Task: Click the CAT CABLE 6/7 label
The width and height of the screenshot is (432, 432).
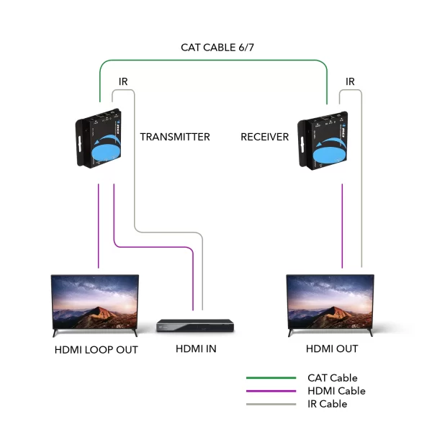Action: pos(217,48)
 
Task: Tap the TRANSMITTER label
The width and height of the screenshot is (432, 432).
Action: pos(175,137)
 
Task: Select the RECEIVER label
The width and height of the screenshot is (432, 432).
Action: pos(265,137)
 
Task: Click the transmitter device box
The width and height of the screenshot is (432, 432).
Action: pos(99,138)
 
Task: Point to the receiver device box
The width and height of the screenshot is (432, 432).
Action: pos(323,140)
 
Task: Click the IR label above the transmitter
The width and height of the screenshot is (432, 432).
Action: pos(123,81)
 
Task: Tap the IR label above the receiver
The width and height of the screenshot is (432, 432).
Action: pos(350,81)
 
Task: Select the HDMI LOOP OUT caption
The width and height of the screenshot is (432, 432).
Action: pos(96,350)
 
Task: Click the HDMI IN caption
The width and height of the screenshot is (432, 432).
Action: pos(196,348)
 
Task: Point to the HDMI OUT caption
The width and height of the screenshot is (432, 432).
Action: pos(332,348)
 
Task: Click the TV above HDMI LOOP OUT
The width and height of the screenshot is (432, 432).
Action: pos(95,305)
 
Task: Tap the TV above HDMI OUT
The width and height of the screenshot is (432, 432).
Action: pos(330,305)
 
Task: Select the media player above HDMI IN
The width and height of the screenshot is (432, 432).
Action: pos(195,325)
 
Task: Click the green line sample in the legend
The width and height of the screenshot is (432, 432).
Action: pos(271,378)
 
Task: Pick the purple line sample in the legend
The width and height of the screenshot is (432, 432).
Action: pos(271,391)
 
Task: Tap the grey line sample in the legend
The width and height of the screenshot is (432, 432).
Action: pos(271,404)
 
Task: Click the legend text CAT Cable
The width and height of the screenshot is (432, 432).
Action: pos(333,378)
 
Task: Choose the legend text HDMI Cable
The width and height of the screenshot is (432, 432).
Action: pos(337,391)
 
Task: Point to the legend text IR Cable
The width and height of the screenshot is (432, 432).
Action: pos(328,404)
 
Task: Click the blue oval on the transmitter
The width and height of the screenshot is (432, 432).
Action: pos(106,153)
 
